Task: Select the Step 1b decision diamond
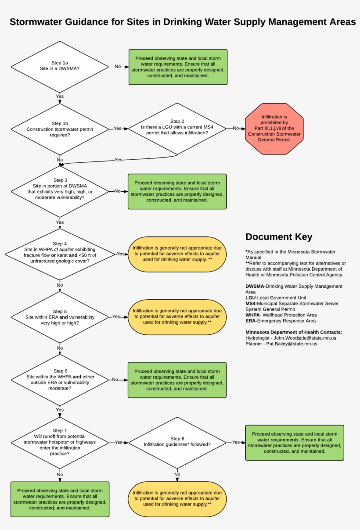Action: (60, 129)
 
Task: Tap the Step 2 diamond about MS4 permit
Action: (177, 129)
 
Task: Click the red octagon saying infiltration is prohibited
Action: (274, 129)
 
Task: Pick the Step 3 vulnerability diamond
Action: (60, 191)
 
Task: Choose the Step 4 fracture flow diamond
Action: (60, 254)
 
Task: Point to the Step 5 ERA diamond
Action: (60, 317)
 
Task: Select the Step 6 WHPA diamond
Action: (60, 380)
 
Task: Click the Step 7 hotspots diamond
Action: (60, 442)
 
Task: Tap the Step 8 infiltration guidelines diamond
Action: (177, 442)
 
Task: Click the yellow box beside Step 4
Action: (177, 254)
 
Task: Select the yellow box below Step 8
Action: (177, 498)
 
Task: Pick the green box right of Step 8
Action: (295, 442)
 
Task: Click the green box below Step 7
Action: (60, 499)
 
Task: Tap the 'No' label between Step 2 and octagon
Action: (236, 129)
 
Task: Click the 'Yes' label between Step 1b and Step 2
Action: (118, 129)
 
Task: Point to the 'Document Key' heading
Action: (279, 237)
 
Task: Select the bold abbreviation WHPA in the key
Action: (253, 315)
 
